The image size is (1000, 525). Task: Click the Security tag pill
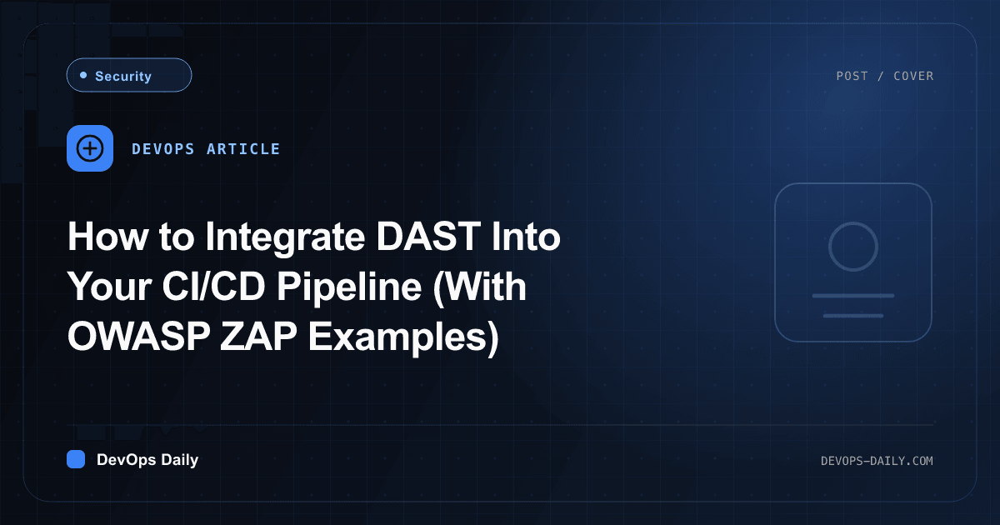129,75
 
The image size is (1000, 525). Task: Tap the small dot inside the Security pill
83,75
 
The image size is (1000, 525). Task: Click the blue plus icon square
90,148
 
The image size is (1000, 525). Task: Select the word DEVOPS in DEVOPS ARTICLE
163,149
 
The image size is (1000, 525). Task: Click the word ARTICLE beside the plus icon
243,149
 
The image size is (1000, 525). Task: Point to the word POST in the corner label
852,76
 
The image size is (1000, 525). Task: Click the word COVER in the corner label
913,76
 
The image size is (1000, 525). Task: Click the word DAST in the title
428,237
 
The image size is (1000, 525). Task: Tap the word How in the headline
107,237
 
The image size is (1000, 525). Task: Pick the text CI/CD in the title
214,286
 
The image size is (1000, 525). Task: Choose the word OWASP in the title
139,336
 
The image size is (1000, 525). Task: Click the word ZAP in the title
258,336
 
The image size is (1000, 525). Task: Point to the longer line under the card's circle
853,296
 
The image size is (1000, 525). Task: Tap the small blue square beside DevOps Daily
76,459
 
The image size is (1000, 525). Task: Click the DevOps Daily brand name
147,460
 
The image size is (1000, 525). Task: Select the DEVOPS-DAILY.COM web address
877,461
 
